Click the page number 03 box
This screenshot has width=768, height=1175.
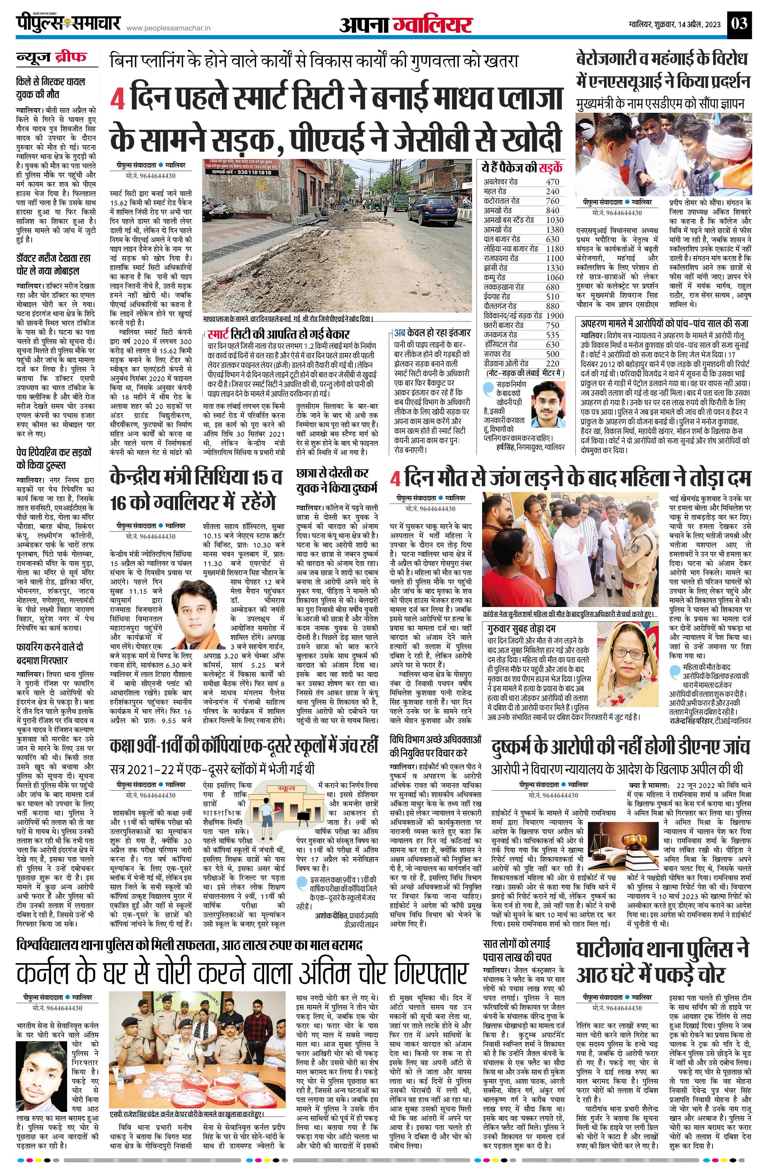740,23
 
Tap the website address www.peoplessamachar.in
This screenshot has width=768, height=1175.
169,29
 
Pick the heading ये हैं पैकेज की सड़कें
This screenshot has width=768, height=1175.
522,167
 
